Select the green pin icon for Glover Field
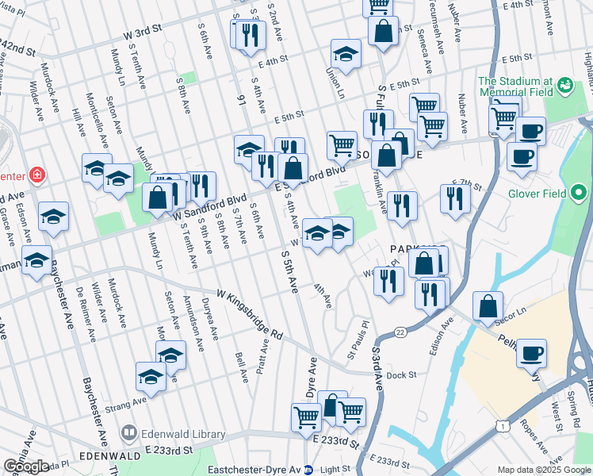[579, 192]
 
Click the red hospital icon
[36, 174]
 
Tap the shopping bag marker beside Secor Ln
[488, 307]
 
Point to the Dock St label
[403, 373]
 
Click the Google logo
[25, 466]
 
